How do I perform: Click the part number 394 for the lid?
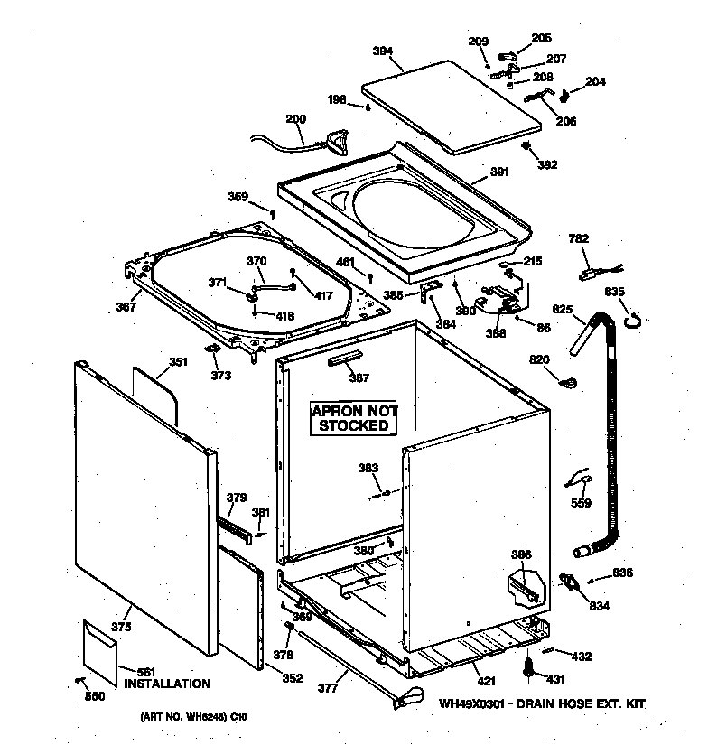click(383, 51)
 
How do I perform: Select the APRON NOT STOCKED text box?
click(353, 418)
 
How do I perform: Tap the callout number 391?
click(499, 172)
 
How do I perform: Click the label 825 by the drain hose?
click(562, 310)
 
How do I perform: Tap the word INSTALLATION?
click(167, 684)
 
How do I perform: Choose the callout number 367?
click(126, 306)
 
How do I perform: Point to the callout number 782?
click(578, 239)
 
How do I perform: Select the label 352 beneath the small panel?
click(292, 678)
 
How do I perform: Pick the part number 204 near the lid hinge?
click(595, 81)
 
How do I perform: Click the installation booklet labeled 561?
click(99, 648)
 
